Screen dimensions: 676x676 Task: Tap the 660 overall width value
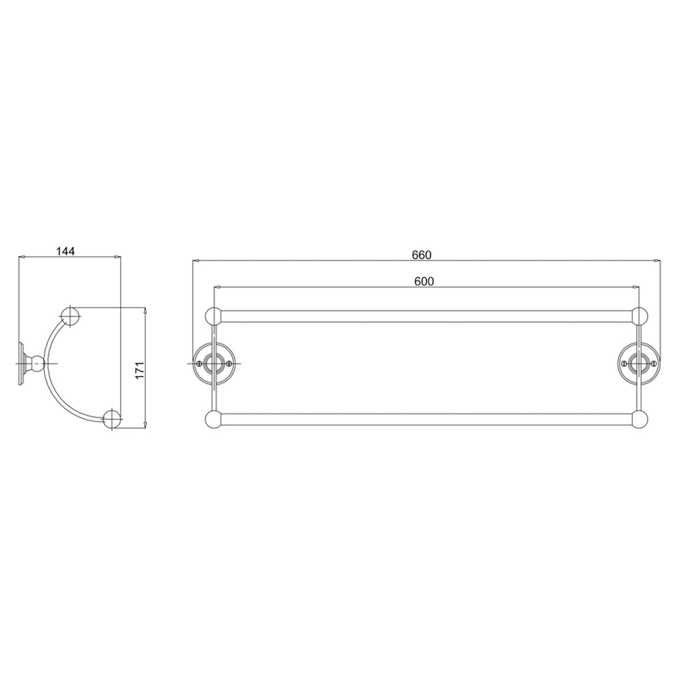click(421, 255)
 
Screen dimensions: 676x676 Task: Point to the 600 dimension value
click(424, 281)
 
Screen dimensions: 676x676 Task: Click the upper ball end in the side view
click(70, 317)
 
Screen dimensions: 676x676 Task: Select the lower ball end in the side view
click(113, 420)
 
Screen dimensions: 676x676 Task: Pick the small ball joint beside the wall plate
click(37, 364)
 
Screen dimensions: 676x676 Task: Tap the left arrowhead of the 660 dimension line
click(196, 261)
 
